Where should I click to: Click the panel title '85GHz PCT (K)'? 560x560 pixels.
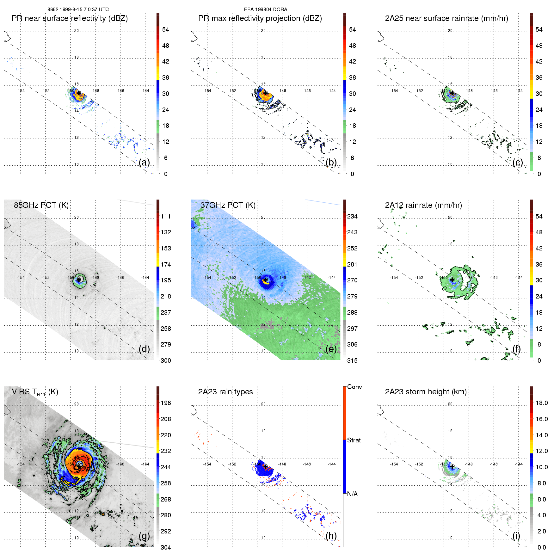coord(41,205)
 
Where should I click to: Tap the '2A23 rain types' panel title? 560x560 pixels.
coord(225,392)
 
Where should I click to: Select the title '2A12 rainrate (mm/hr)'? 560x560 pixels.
coord(423,205)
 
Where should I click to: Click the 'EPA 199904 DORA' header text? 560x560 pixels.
coord(266,9)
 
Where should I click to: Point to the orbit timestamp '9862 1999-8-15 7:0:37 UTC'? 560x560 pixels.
coord(78,9)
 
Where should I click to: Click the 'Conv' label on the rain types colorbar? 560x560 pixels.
coord(354,387)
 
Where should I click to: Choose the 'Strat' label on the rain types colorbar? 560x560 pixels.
coord(354,440)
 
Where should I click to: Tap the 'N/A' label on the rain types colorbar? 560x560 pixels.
coord(352,494)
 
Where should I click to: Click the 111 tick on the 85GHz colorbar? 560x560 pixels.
coord(166,216)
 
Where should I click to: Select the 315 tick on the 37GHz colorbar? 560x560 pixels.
coord(352,360)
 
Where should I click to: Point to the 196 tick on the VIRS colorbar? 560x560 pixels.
coord(166,403)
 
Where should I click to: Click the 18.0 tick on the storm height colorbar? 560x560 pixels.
coord(542,403)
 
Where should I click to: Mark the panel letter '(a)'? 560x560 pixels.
coord(144,162)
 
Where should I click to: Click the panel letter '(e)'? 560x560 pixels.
coord(331,349)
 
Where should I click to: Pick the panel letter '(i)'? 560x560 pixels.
coord(516,536)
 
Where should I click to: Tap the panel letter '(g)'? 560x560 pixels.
coord(144,536)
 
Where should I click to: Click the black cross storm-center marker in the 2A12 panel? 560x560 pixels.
coord(452,280)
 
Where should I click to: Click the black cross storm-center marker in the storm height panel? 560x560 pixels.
coord(452,466)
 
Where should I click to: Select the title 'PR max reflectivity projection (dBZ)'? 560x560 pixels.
coord(260,18)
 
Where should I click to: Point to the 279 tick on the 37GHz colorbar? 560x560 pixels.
coord(352,296)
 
